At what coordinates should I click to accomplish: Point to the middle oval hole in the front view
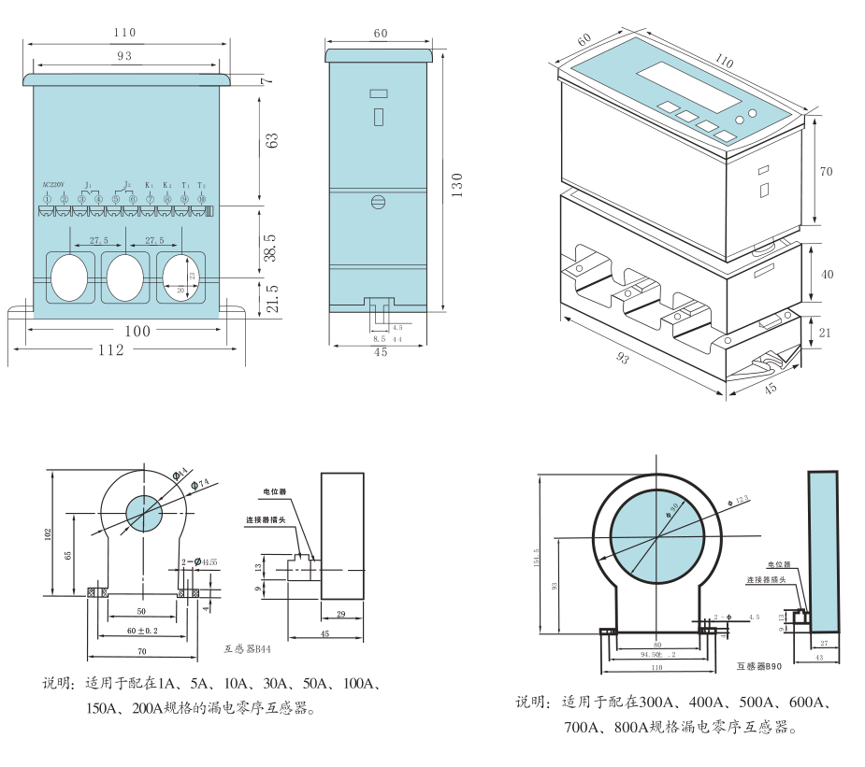click(x=124, y=277)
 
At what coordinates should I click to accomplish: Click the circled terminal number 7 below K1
click(x=150, y=199)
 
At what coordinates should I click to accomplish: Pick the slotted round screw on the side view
click(x=380, y=202)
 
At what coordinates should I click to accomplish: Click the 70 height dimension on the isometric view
click(x=826, y=172)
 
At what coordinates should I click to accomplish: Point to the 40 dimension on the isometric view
click(x=826, y=275)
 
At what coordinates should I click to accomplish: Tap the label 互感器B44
click(x=248, y=647)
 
